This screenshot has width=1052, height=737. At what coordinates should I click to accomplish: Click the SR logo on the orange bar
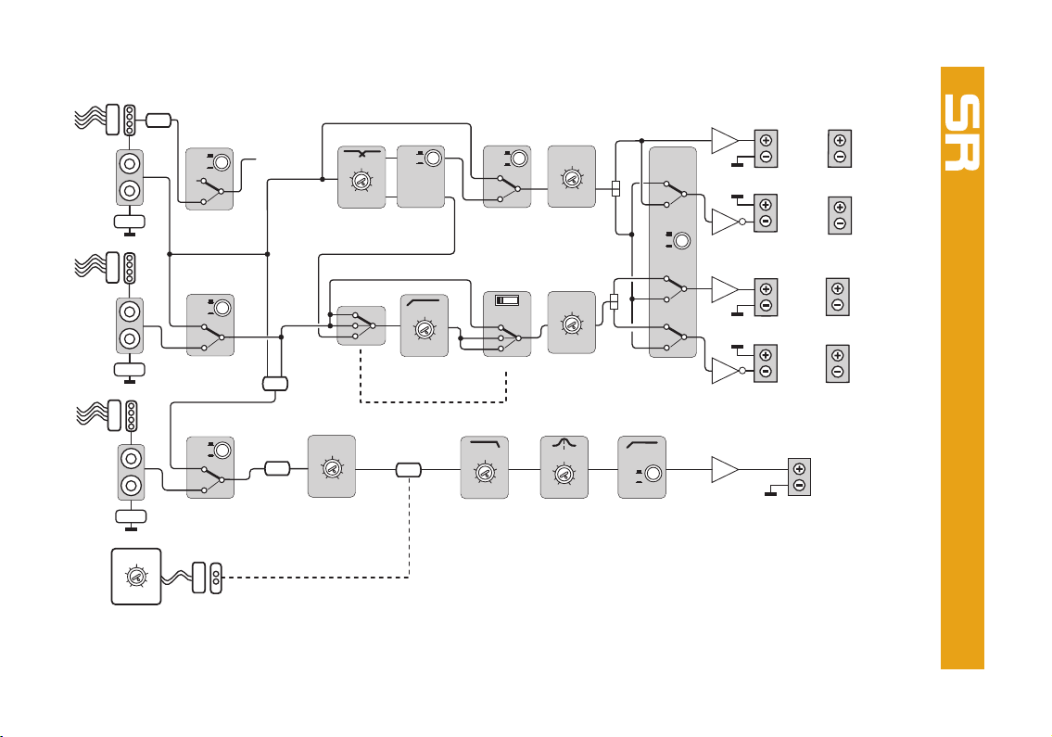[962, 133]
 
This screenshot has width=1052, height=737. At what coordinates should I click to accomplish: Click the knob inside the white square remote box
[136, 577]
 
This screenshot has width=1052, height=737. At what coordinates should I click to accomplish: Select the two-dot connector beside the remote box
[215, 578]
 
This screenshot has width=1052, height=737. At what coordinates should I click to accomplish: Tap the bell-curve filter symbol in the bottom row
[564, 444]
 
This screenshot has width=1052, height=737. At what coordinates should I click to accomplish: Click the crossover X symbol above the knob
[362, 154]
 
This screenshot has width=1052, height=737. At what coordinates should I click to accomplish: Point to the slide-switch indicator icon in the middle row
[507, 300]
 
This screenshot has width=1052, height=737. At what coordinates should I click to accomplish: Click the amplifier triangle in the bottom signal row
[725, 470]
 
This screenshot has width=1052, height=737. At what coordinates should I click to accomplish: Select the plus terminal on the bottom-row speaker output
[799, 469]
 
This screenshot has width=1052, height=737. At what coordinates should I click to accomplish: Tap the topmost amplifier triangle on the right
[725, 141]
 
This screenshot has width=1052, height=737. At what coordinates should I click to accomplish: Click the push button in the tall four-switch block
[681, 240]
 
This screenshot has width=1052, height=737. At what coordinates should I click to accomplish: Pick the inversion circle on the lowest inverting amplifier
[742, 371]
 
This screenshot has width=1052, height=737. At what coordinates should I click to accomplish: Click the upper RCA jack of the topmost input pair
[130, 163]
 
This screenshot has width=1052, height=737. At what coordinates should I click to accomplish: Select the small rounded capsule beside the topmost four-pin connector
[158, 121]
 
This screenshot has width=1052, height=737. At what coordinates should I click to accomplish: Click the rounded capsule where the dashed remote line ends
[408, 470]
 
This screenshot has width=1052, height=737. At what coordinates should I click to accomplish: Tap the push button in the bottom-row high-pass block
[653, 474]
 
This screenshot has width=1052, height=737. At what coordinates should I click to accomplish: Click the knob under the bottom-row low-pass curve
[485, 473]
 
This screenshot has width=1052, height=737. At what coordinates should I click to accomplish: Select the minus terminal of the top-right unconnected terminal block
[840, 157]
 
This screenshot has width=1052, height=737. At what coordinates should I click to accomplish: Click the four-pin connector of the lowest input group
[132, 416]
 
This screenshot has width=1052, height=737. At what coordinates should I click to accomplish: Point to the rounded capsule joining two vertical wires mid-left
[275, 383]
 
